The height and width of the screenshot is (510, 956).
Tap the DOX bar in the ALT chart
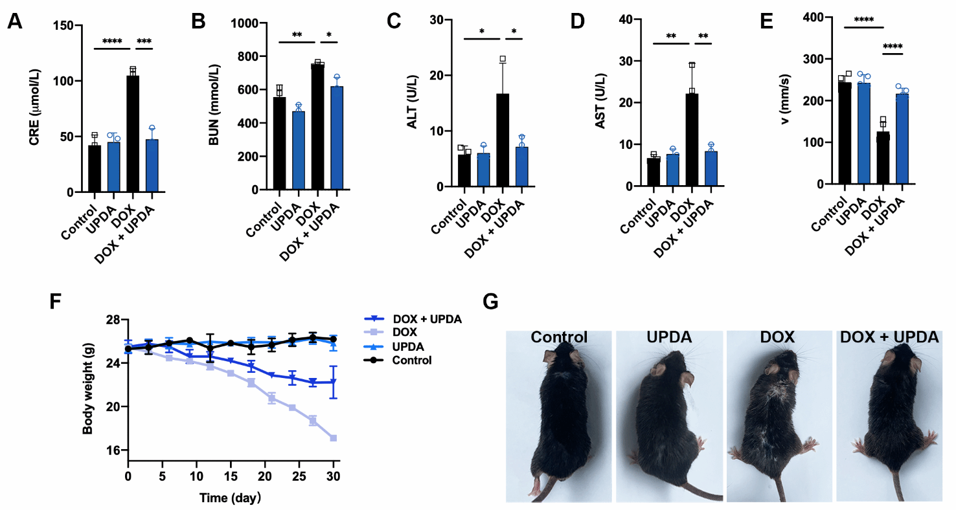(503, 140)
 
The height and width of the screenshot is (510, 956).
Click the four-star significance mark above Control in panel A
(112, 41)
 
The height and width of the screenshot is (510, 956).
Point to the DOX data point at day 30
(334, 438)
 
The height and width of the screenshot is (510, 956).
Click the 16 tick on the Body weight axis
(117, 450)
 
